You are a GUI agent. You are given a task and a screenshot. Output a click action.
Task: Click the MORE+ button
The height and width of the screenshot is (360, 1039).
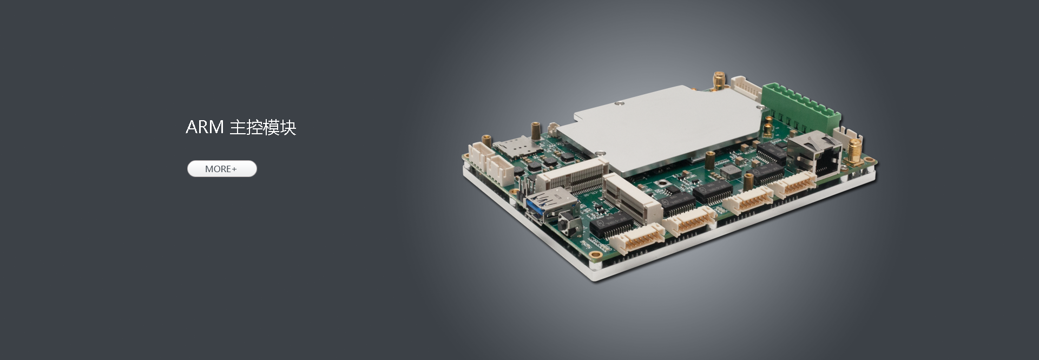(x=222, y=169)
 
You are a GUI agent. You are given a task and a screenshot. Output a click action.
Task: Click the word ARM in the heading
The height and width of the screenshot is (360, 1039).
(x=205, y=127)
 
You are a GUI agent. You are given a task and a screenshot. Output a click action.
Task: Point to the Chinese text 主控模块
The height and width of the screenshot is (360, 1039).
(x=263, y=128)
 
